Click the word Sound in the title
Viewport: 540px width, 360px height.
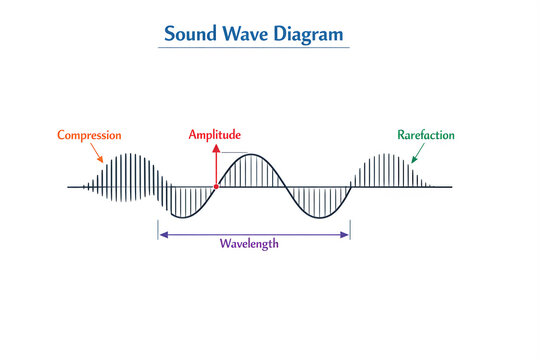coord(188,33)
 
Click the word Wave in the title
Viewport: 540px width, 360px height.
coord(244,33)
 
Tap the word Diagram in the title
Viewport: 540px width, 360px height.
coord(309,33)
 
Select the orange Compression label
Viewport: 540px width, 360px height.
coord(89,135)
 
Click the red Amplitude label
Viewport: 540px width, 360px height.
coord(215,135)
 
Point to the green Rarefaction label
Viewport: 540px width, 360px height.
coord(426,135)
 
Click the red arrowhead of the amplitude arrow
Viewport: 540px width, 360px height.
coord(215,146)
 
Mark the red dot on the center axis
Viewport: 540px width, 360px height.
coord(215,187)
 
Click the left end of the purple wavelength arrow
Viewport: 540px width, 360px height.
coord(160,235)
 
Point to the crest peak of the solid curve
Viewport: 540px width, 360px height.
coord(254,154)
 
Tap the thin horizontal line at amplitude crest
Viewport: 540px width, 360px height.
coord(234,153)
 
